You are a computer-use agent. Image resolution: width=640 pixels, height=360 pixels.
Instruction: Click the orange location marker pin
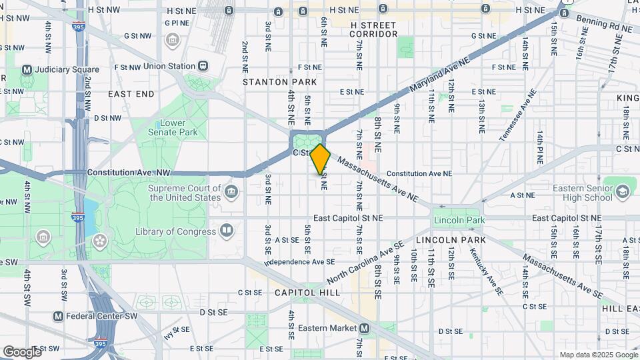(x=321, y=159)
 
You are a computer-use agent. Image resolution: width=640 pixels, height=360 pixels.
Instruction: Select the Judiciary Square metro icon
(x=27, y=69)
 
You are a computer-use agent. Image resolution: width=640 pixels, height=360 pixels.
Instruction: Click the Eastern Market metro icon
(x=364, y=328)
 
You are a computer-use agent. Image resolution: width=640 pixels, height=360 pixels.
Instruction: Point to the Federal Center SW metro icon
(x=59, y=316)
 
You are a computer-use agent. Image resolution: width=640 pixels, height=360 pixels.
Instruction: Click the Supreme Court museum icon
(x=231, y=193)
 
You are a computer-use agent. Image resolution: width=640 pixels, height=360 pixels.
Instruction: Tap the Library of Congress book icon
(x=227, y=231)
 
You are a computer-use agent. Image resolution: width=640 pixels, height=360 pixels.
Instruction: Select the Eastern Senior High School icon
(x=623, y=192)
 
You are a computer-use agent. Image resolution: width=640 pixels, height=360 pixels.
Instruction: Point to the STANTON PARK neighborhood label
(x=270, y=82)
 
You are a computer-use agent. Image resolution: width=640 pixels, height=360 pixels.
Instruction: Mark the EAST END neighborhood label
(x=131, y=94)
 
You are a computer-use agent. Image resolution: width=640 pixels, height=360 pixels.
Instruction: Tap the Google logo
(x=22, y=351)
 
